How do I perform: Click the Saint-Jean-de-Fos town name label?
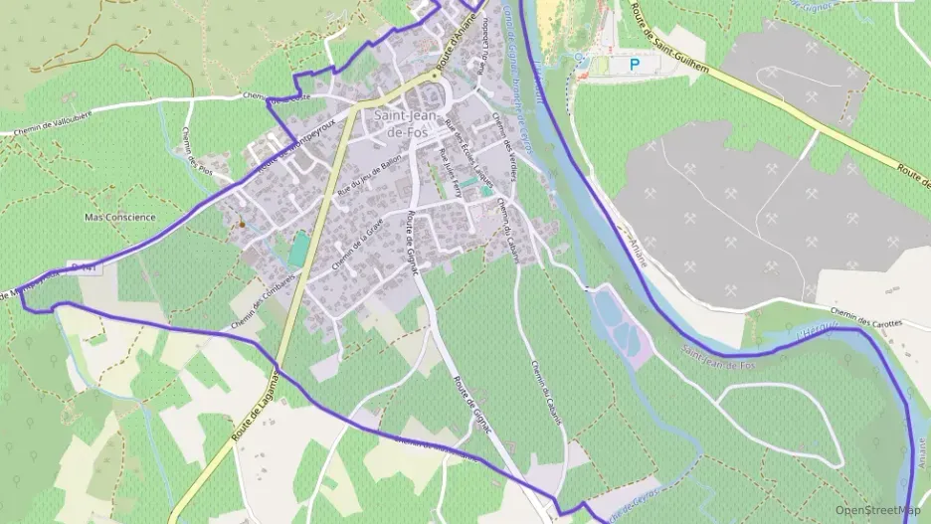403,123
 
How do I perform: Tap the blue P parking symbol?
634,64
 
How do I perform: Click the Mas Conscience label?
120,217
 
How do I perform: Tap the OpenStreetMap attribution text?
876,509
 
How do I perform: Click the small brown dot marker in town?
241,224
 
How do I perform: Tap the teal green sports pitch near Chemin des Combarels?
297,248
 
